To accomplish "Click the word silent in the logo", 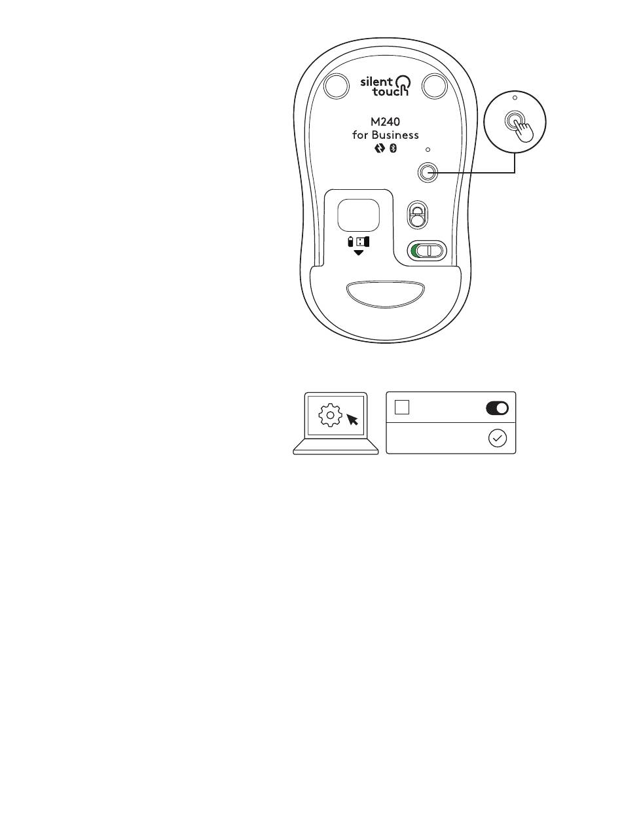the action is (376, 82).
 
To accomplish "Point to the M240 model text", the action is (385, 122).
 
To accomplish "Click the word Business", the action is (395, 136).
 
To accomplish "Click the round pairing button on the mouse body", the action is (427, 172).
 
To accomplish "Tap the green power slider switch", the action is (426, 251).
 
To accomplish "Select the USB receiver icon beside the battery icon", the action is (362, 242).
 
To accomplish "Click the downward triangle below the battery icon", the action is (358, 253).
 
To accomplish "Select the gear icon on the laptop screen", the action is (331, 415).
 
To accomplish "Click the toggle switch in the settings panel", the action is (497, 408).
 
